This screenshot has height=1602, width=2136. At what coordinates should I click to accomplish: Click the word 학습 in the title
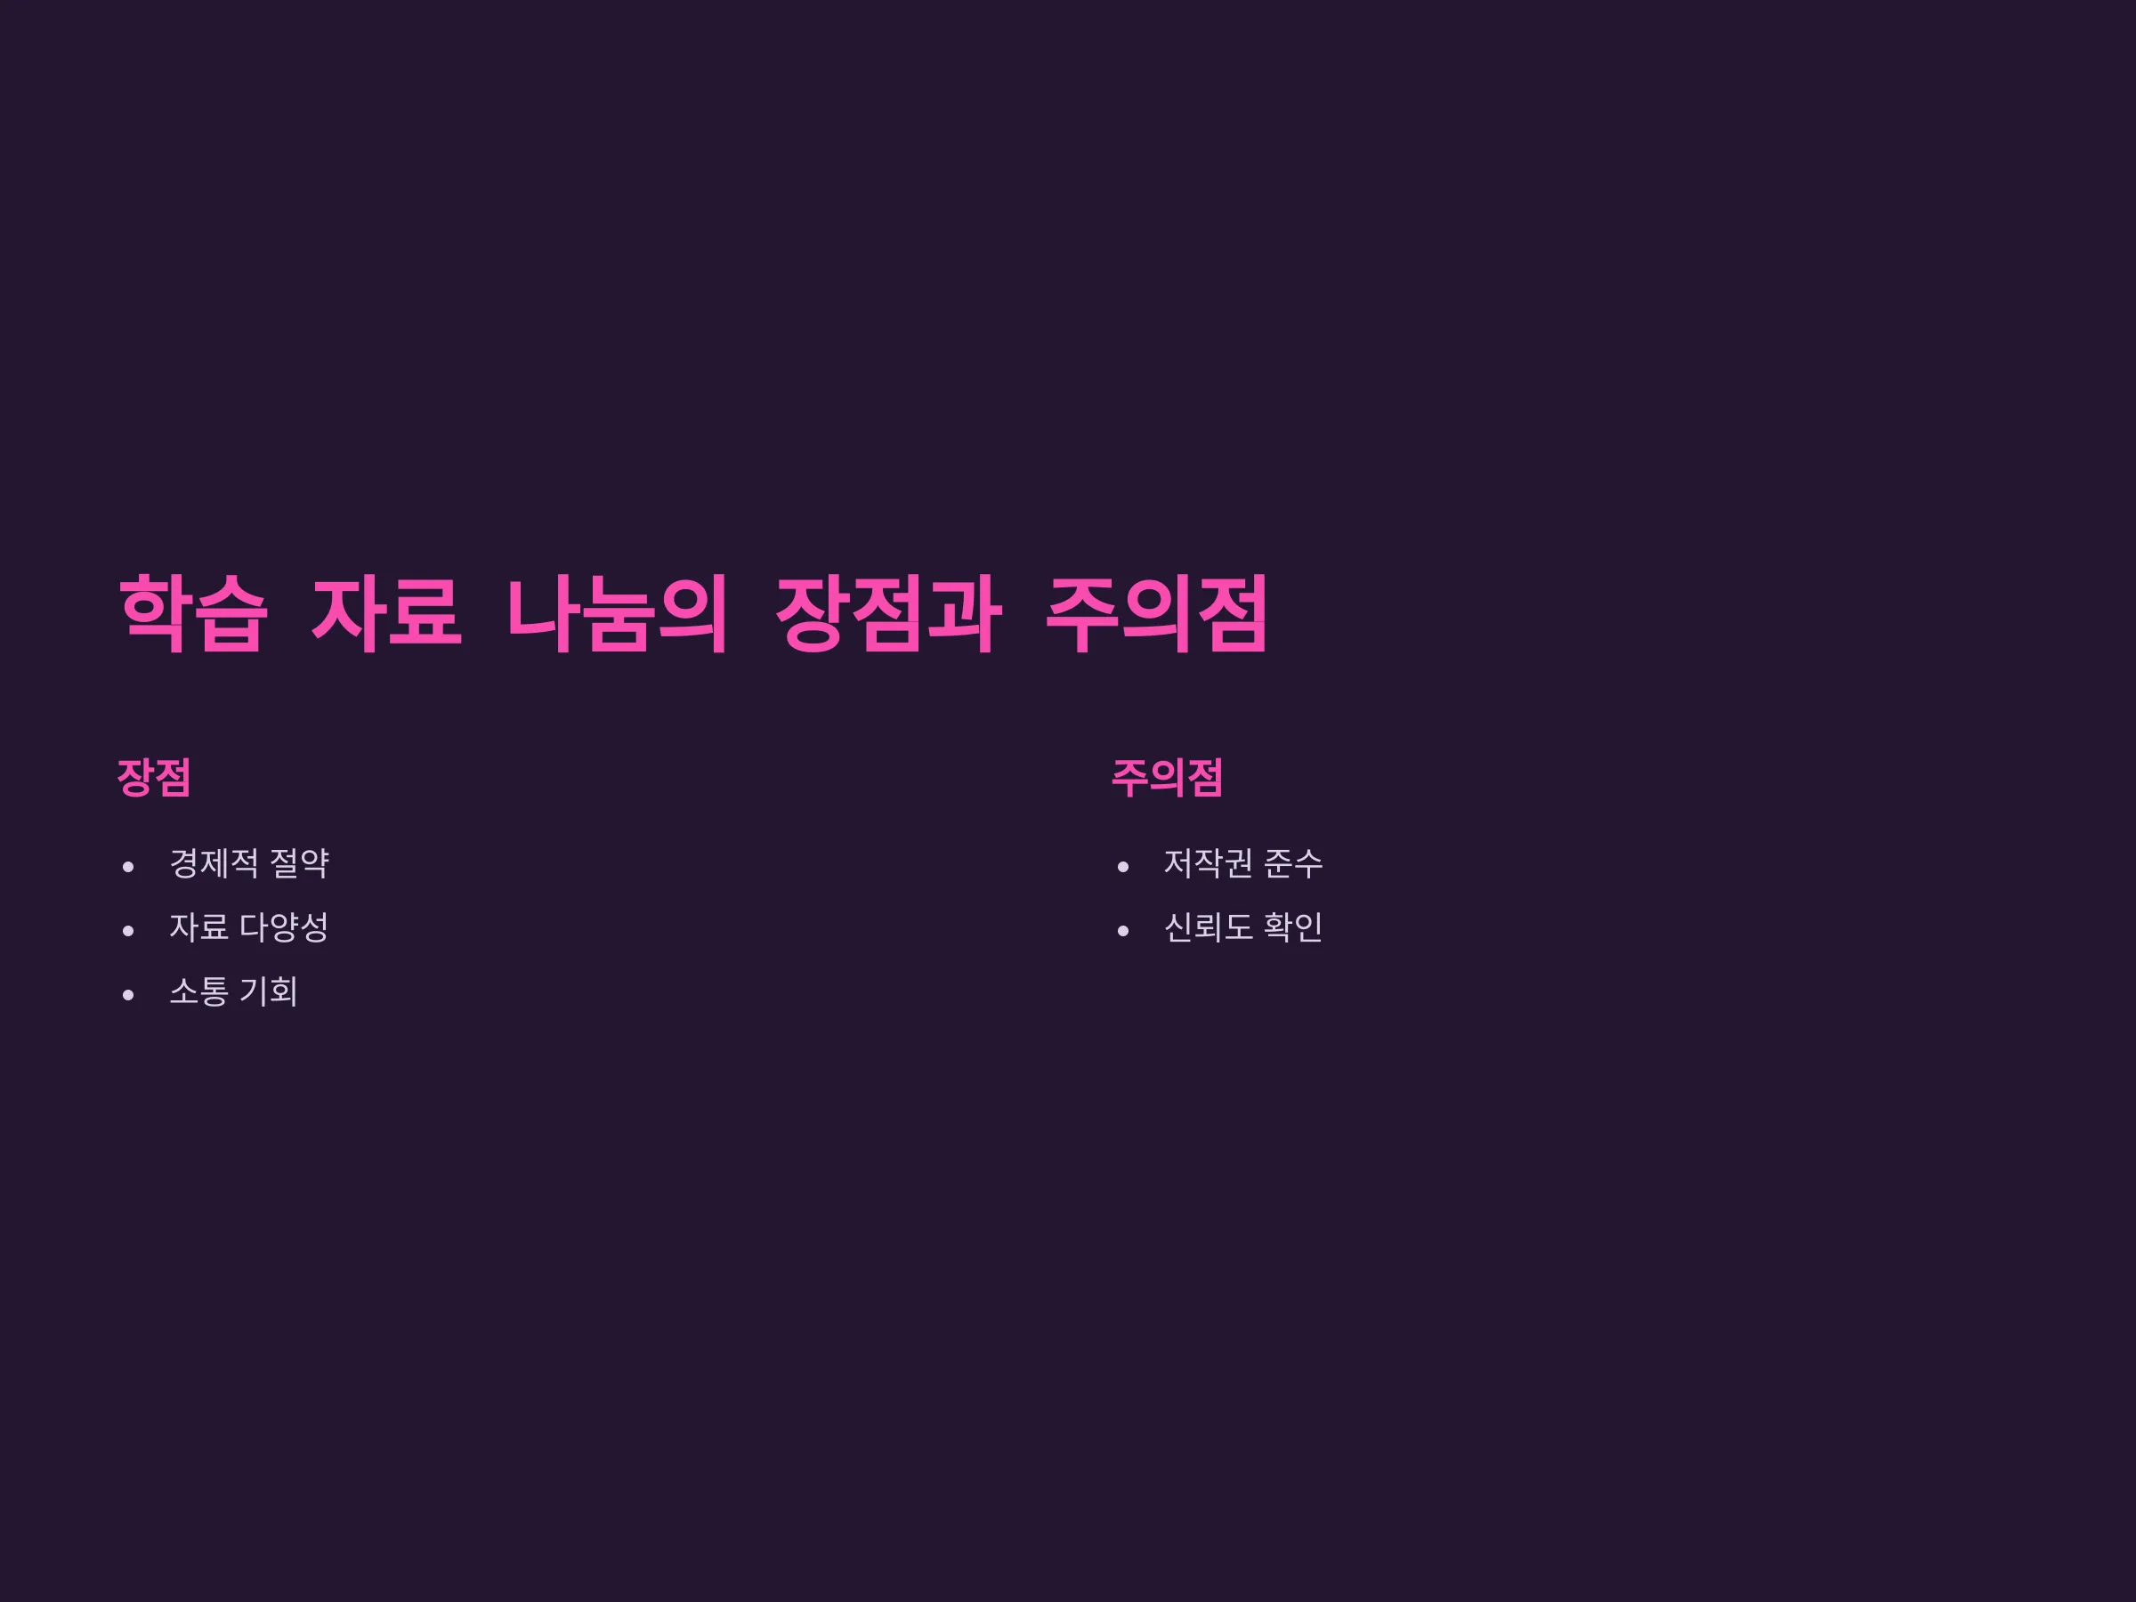193,613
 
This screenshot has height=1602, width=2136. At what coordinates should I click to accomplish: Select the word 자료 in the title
386,613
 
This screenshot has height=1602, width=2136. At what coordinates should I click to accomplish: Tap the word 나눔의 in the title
617,613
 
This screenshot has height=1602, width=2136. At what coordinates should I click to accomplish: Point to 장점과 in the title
888,613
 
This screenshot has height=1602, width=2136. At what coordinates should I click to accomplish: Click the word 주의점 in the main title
1157,613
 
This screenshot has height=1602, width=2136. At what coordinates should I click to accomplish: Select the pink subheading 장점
154,777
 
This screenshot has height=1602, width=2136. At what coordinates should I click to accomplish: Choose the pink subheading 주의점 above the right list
1167,777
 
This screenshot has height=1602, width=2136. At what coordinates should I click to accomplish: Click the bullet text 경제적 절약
249,863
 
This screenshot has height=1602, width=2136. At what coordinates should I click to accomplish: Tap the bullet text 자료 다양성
249,927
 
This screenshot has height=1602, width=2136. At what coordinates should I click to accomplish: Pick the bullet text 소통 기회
234,991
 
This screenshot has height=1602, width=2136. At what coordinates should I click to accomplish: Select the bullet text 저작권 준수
1242,863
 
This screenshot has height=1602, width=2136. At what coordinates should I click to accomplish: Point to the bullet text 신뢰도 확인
1242,927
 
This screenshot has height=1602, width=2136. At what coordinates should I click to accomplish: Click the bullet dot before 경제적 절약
128,867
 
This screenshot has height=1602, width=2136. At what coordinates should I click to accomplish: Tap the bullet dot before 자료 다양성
128,931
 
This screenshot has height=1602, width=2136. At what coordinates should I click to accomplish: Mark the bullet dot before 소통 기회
128,995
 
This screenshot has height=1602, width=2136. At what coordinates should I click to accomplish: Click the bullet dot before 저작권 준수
1123,867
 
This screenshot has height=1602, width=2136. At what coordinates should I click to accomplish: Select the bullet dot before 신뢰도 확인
1123,931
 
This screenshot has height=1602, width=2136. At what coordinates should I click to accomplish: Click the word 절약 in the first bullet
299,863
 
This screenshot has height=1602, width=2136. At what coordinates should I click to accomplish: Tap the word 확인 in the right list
1294,927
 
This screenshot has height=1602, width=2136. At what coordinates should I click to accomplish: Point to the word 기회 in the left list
269,991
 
